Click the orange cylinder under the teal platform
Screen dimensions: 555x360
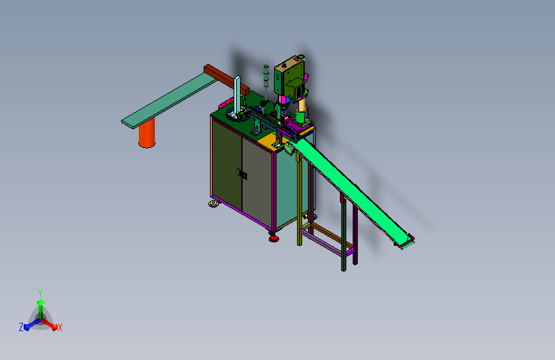[x=147, y=133]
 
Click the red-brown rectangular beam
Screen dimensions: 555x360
[x=227, y=79]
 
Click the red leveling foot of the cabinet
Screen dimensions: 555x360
[x=273, y=238]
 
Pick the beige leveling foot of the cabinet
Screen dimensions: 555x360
[x=213, y=204]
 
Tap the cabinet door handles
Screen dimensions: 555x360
[x=242, y=174]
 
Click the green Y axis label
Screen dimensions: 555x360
[x=40, y=293]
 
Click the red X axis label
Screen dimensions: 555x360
[x=60, y=327]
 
